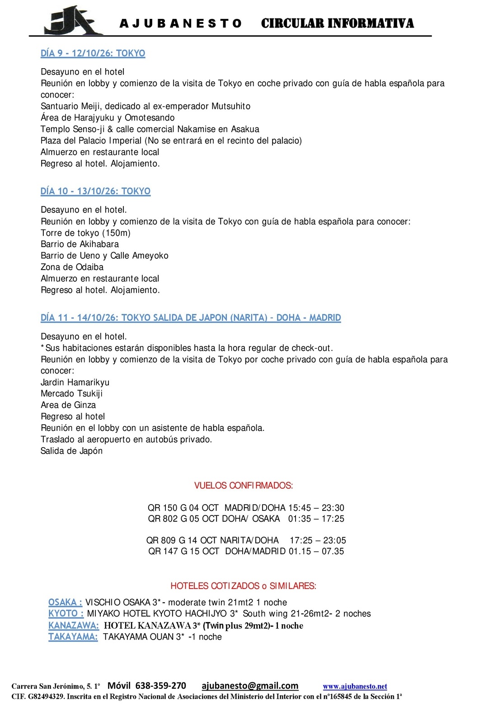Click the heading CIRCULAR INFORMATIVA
point(337,23)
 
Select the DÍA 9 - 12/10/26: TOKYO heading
point(93,53)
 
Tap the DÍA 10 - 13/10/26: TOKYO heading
point(95,191)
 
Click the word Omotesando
point(150,117)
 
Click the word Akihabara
point(99,244)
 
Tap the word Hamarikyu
point(89,382)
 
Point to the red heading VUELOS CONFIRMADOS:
point(244,486)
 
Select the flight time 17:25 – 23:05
point(318,540)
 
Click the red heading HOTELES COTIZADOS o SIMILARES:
point(243,586)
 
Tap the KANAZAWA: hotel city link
point(73,626)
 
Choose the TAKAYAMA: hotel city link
point(73,637)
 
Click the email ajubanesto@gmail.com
point(250,686)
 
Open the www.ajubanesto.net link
point(355,687)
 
